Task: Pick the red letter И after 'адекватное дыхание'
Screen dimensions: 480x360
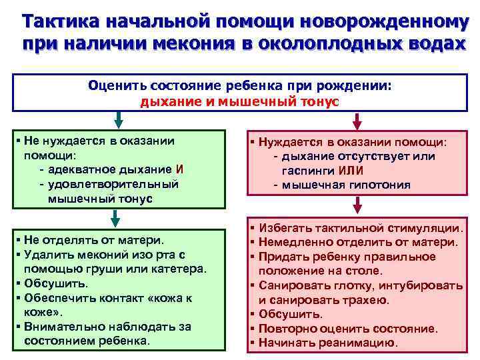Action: coord(179,169)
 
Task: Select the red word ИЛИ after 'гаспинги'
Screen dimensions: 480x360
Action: coord(351,170)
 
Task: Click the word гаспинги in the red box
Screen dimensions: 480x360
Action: coord(309,170)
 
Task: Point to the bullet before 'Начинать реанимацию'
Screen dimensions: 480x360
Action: coord(253,343)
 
